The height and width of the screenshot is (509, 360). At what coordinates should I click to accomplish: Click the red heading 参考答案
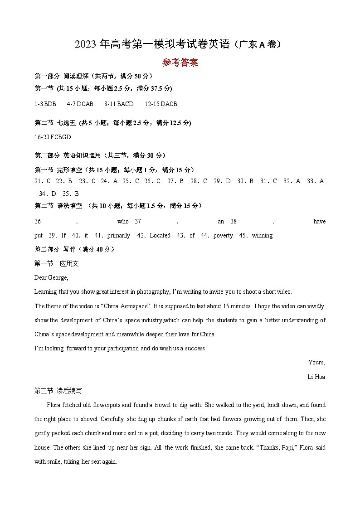pos(180,63)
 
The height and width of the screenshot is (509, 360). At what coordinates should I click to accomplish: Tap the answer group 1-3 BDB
pos(45,104)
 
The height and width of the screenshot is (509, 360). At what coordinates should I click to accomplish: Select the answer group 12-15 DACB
pos(161,104)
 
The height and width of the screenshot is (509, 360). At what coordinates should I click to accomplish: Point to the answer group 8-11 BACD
pos(119,104)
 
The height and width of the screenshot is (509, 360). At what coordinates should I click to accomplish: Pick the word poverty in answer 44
pos(223,235)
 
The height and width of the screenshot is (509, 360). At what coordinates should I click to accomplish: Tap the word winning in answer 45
pos(262,235)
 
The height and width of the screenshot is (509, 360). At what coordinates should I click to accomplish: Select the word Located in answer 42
pos(160,235)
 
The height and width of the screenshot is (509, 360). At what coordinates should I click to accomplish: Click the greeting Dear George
pos(51,277)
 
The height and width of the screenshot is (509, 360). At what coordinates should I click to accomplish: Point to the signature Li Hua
pos(316,377)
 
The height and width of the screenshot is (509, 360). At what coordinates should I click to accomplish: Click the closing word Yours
pos(316,362)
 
